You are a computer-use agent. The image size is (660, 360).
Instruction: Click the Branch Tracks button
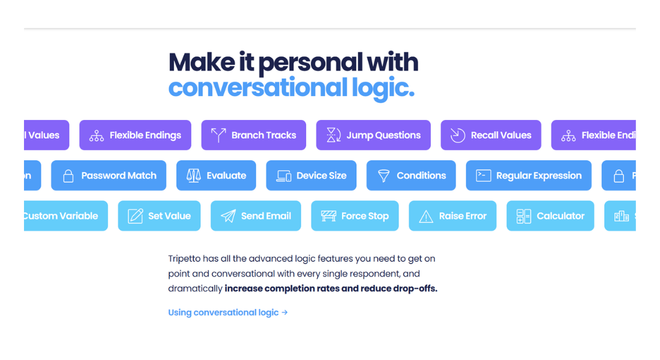(253, 135)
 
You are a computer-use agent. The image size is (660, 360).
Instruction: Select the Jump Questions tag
(373, 135)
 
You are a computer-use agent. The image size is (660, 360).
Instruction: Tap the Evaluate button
(216, 176)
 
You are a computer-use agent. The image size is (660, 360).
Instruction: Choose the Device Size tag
(311, 176)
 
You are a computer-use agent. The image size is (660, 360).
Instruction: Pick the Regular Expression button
(529, 176)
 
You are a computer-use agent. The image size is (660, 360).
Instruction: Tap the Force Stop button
(355, 216)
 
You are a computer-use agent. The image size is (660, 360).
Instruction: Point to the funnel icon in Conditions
(383, 176)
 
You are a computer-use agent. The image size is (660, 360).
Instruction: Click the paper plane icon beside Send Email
(228, 216)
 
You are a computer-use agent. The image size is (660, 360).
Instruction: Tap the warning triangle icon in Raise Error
(426, 217)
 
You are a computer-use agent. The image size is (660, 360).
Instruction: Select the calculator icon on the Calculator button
(524, 216)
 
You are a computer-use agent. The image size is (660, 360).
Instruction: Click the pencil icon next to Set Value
(135, 216)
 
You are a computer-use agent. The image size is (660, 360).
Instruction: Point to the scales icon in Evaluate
(193, 176)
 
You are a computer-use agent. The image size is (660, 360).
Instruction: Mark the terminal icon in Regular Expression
(483, 176)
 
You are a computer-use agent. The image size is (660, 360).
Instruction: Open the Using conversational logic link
(223, 313)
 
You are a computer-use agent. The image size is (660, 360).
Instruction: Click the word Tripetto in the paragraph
(186, 259)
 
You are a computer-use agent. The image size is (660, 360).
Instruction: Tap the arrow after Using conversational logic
(285, 313)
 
